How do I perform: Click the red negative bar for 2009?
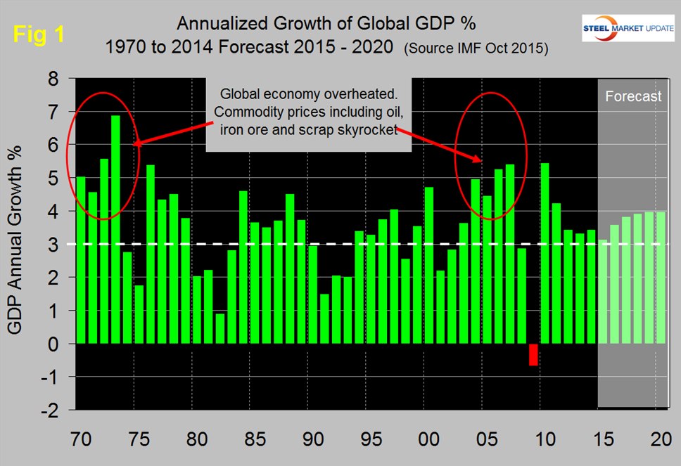pos(533,354)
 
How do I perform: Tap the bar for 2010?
pos(544,253)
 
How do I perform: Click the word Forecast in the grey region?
pos(633,96)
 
